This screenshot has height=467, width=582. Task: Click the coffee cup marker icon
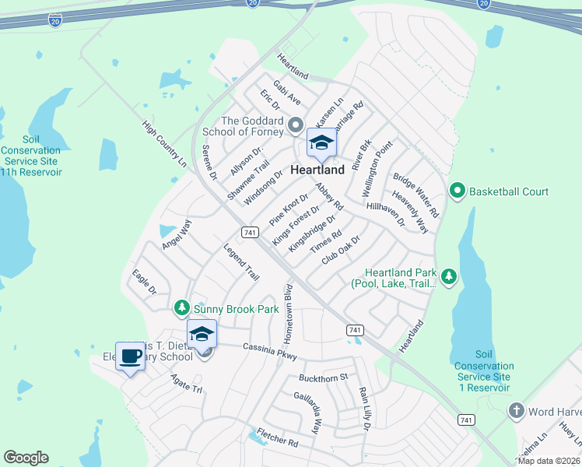(x=130, y=356)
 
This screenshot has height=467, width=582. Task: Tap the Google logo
(x=26, y=458)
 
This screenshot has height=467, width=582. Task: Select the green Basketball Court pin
(x=458, y=191)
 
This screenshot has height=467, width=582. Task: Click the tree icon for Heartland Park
(x=448, y=276)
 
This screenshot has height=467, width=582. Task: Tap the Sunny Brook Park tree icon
(x=181, y=309)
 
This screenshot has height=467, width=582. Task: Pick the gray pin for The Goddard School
(x=295, y=125)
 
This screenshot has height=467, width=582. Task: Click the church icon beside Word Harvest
(x=516, y=411)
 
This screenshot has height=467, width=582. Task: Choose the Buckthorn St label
(x=322, y=377)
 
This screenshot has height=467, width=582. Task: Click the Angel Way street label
(x=177, y=234)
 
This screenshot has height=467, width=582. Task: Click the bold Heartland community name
(x=317, y=170)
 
